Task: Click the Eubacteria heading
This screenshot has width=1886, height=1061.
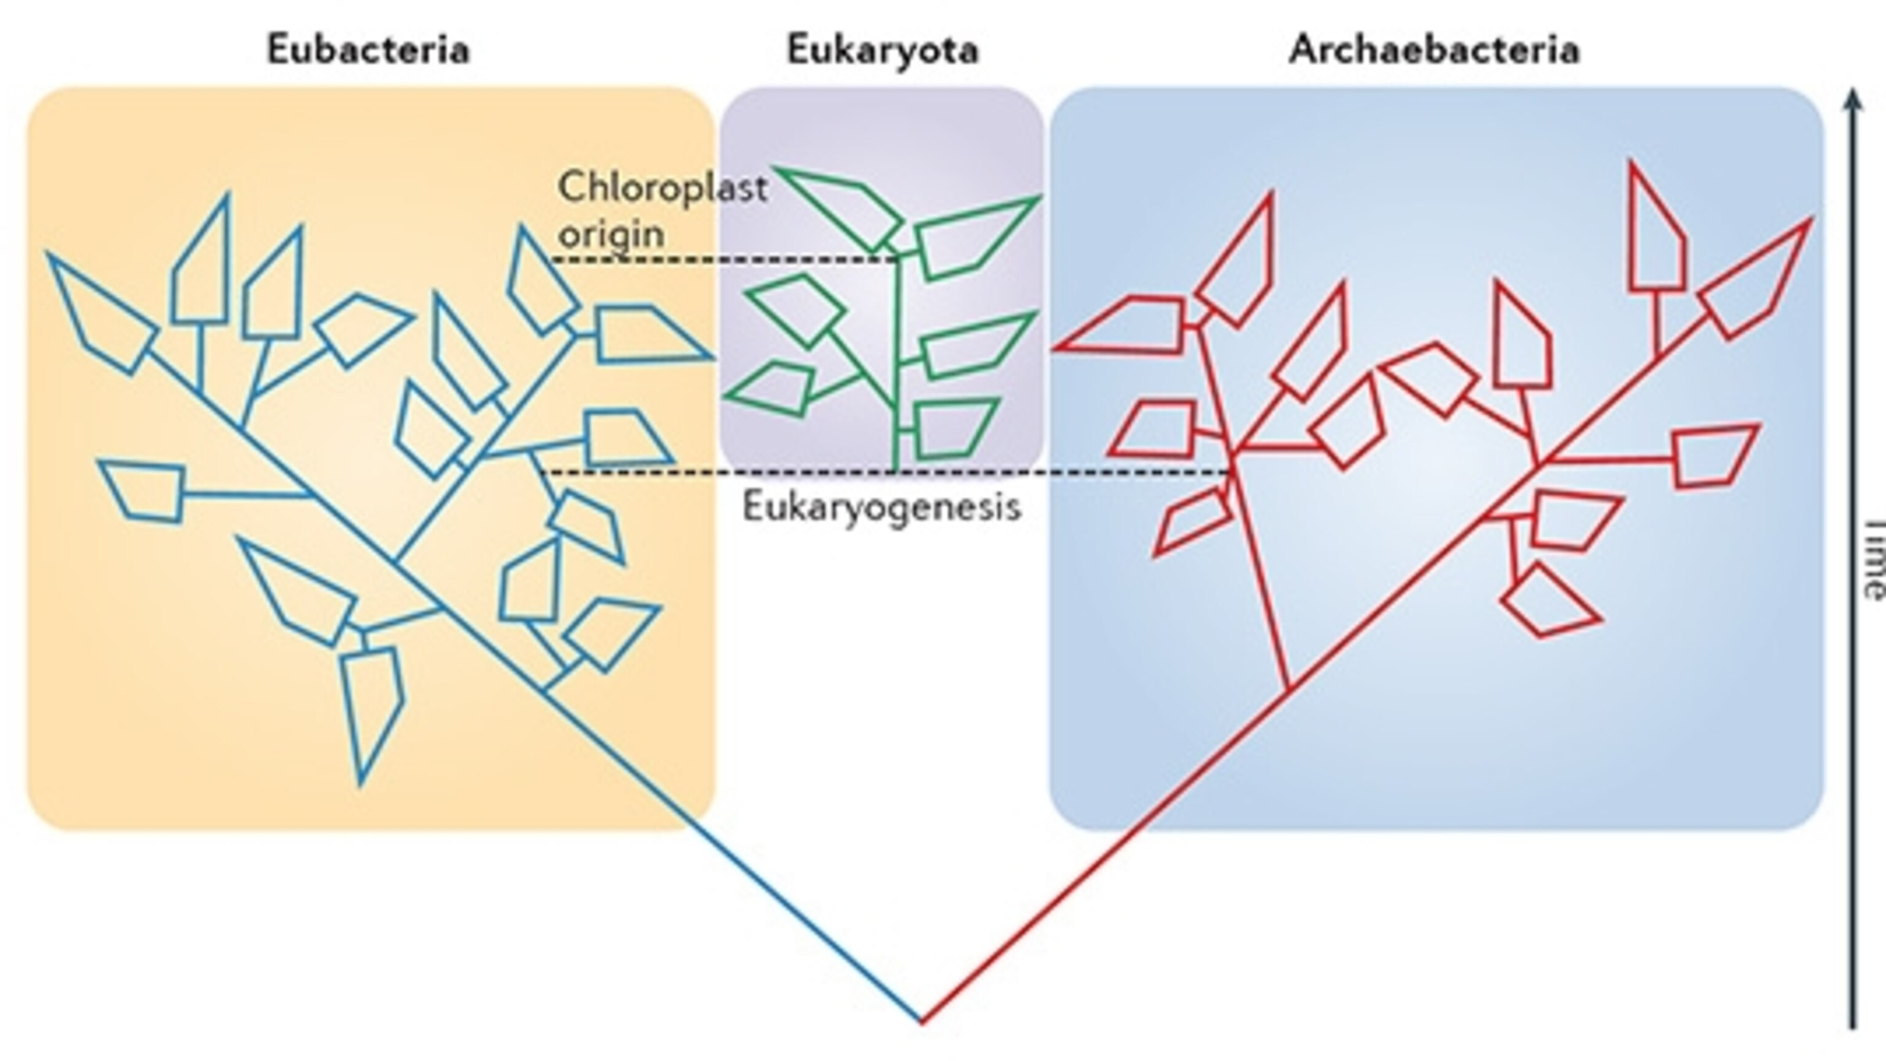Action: coord(368,50)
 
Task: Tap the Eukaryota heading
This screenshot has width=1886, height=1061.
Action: coord(882,50)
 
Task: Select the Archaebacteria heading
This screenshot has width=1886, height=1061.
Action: coord(1434,50)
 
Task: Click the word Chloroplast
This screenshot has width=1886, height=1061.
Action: coord(662,188)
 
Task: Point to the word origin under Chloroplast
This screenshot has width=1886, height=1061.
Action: coord(611,235)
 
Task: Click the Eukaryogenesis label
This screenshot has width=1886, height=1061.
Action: coord(882,507)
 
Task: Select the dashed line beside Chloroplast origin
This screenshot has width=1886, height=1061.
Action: coord(725,259)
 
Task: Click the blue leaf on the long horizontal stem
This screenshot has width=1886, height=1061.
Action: coord(143,491)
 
